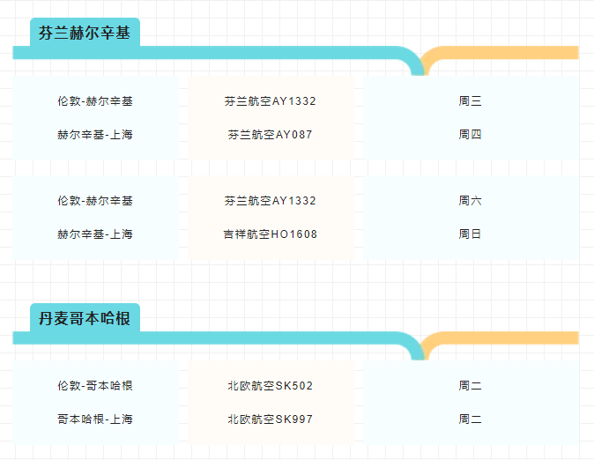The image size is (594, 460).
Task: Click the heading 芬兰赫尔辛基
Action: pyautogui.click(x=85, y=33)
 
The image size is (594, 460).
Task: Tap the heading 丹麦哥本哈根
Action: pyautogui.click(x=85, y=318)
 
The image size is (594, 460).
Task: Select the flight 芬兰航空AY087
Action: pyautogui.click(x=270, y=135)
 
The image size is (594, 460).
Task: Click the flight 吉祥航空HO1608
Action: pyautogui.click(x=270, y=234)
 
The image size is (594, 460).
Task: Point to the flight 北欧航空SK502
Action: pyautogui.click(x=270, y=386)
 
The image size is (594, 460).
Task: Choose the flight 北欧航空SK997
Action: pyautogui.click(x=270, y=419)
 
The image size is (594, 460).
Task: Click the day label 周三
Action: pyautogui.click(x=470, y=101)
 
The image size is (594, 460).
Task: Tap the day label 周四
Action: pyautogui.click(x=470, y=135)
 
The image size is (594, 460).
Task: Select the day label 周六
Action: pyautogui.click(x=470, y=201)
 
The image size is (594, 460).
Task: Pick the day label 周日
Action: pyautogui.click(x=470, y=234)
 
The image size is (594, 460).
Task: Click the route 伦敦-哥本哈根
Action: pyautogui.click(x=95, y=386)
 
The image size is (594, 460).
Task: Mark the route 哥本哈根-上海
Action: pyautogui.click(x=95, y=419)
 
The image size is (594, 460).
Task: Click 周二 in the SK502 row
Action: pyautogui.click(x=470, y=386)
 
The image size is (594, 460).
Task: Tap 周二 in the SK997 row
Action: pyautogui.click(x=470, y=419)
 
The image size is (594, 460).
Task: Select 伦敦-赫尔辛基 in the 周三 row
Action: pyautogui.click(x=95, y=101)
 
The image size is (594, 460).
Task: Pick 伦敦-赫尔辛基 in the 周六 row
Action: pyautogui.click(x=95, y=201)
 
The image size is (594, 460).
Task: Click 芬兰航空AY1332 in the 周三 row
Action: pyautogui.click(x=270, y=101)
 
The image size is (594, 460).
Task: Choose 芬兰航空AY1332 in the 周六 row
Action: pyautogui.click(x=270, y=201)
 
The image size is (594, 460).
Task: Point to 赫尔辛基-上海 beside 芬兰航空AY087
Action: pyautogui.click(x=95, y=135)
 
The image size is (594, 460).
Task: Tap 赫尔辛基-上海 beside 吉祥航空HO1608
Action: pyautogui.click(x=95, y=234)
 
